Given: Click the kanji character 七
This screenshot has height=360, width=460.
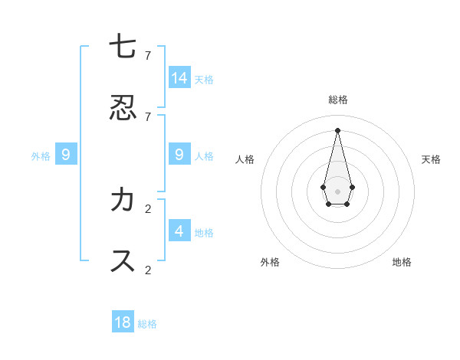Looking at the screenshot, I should (123, 47).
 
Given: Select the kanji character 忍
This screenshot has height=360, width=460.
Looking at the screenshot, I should (123, 107).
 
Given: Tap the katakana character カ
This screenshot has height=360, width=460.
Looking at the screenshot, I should (123, 200).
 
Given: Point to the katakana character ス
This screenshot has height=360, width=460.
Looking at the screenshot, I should (123, 260).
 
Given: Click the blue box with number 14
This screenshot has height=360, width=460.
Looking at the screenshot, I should (179, 77).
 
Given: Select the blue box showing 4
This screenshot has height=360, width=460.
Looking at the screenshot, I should (179, 231).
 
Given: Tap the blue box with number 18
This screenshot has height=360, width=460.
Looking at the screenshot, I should (123, 322).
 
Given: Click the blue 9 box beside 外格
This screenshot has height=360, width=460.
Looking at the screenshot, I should (66, 155).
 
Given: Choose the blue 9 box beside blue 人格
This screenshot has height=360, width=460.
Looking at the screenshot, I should (179, 155).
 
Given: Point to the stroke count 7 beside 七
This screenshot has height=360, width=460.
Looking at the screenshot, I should (148, 55).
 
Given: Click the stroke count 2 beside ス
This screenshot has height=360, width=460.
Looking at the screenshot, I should (148, 270).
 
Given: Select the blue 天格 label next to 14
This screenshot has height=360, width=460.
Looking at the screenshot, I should (204, 79).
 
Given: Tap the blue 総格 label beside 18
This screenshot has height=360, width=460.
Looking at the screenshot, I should (147, 324).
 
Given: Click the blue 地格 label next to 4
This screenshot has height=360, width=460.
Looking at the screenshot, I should (204, 232).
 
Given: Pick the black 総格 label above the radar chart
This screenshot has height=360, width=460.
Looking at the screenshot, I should (338, 100).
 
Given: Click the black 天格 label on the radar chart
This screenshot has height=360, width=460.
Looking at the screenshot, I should (431, 159).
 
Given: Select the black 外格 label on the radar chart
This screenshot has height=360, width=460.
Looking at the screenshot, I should (270, 262).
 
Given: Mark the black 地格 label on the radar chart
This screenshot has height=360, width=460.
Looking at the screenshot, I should (402, 262).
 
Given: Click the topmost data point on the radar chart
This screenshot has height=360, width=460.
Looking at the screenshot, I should (338, 129).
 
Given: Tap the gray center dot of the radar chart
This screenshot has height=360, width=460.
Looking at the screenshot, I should (338, 191).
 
